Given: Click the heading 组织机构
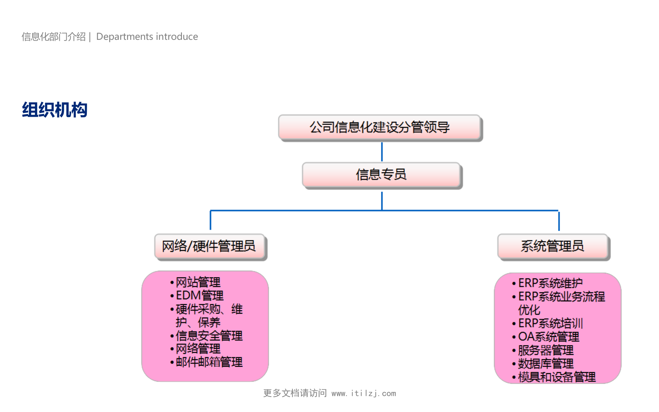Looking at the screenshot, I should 55,110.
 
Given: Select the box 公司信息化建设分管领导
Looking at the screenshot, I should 379,127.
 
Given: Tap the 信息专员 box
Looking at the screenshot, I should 381,175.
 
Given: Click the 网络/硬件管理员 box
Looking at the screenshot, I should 209,247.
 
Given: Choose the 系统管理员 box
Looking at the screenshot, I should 552,247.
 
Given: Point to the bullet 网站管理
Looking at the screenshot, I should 198,283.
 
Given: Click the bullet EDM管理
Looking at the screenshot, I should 199,296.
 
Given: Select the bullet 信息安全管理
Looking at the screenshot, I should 209,336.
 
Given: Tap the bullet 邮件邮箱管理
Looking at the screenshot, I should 209,362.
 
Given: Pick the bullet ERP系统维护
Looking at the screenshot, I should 550,283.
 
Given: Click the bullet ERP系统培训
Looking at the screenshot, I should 550,323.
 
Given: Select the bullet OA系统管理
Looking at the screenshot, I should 548,337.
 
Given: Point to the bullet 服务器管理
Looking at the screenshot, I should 546,351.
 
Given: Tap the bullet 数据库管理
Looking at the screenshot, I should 546,364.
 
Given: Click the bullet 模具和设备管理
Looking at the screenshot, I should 557,377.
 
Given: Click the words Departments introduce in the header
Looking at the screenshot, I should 147,37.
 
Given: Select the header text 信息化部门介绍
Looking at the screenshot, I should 54,37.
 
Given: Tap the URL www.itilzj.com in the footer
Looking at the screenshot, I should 363,393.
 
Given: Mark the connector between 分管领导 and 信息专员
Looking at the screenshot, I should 382,151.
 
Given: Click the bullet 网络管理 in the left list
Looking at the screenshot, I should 198,349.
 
